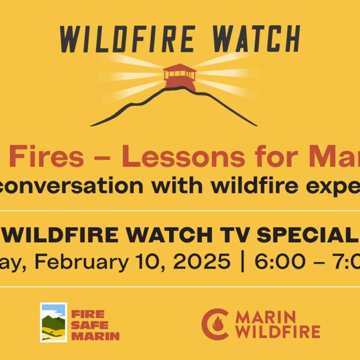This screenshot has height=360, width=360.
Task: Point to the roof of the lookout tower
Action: [180, 68]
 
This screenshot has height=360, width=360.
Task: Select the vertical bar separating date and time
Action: [243, 262]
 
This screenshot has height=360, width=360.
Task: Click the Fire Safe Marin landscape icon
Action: [54, 322]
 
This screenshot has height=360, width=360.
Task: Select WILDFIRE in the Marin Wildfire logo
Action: [278, 332]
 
